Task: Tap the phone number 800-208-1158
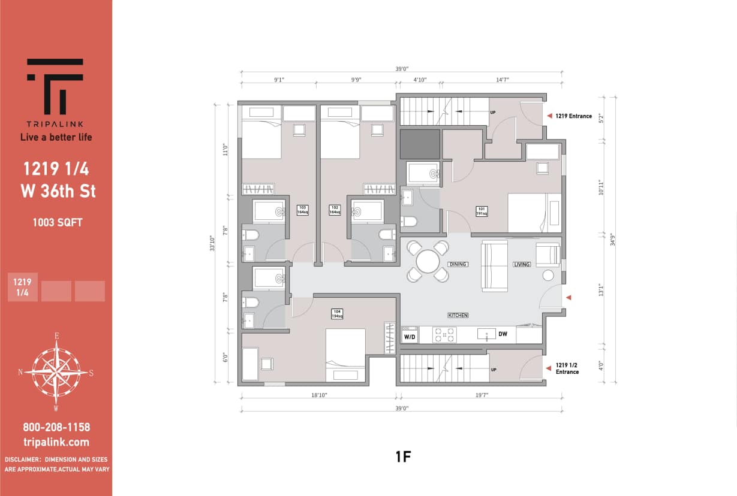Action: pyautogui.click(x=56, y=427)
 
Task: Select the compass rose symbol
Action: pyautogui.click(x=56, y=371)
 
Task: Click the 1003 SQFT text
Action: pyautogui.click(x=58, y=222)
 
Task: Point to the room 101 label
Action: pyautogui.click(x=482, y=210)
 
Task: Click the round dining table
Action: pyautogui.click(x=428, y=261)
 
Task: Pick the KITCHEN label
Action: pyautogui.click(x=458, y=315)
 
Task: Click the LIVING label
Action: pyautogui.click(x=521, y=264)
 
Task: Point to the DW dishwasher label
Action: pyautogui.click(x=503, y=334)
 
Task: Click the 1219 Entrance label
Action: pyautogui.click(x=573, y=116)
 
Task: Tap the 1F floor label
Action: pyautogui.click(x=402, y=457)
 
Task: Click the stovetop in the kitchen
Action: pyautogui.click(x=444, y=335)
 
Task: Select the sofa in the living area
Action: pyautogui.click(x=495, y=266)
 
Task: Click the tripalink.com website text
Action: pyautogui.click(x=56, y=442)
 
